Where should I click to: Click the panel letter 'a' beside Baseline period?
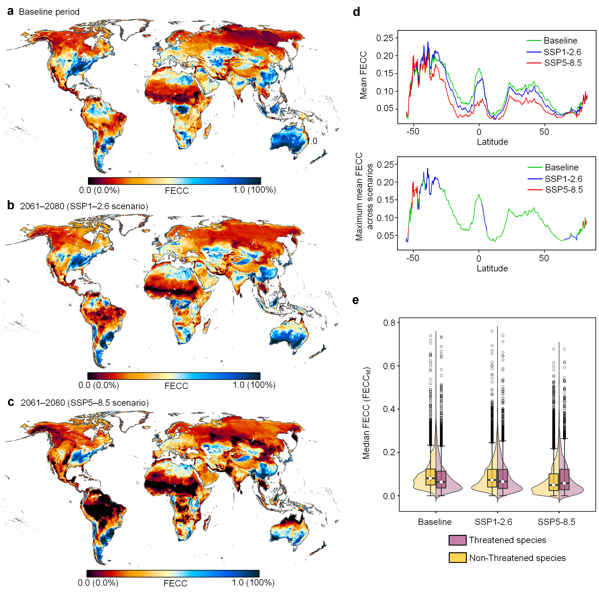(10, 12)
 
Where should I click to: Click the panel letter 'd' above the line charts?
(357, 12)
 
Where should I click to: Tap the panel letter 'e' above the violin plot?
(356, 300)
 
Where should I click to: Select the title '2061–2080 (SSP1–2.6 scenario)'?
(84, 206)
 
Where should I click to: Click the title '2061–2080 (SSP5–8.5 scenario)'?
(85, 403)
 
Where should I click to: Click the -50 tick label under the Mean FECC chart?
(413, 131)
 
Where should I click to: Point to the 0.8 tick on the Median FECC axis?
(389, 323)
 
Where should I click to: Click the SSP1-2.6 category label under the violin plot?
(494, 522)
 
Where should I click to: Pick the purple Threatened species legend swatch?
(457, 540)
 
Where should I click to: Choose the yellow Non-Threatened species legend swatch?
(457, 558)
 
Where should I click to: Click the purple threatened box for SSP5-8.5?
(564, 479)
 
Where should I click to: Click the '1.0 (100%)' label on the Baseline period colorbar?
(255, 190)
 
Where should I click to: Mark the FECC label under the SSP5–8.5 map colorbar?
(176, 583)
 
